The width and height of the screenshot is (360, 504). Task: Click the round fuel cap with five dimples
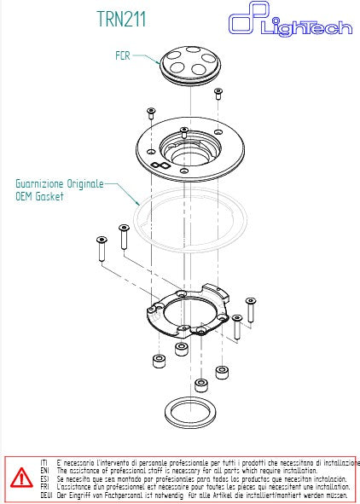coord(189,66)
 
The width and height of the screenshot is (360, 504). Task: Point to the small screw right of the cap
coord(218,95)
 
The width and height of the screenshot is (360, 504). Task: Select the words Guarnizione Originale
coord(60,183)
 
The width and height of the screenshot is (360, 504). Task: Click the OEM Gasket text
coord(40,196)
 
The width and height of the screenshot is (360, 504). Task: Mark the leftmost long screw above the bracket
coord(102,249)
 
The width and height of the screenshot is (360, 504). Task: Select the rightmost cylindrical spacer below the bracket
coord(222,373)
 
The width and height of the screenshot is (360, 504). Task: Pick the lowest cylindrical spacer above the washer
coord(200,385)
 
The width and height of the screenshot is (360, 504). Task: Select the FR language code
coord(44,487)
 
